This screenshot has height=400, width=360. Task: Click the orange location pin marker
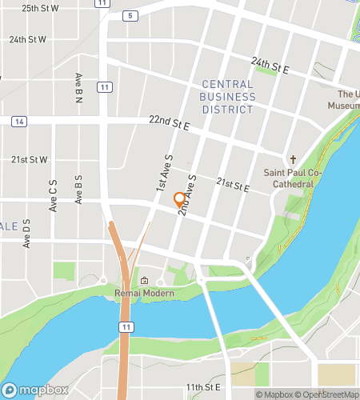click(179, 199)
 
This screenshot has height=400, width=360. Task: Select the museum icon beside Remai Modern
click(144, 281)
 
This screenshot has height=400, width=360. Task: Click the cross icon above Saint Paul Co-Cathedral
click(294, 159)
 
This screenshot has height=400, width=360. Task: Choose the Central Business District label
click(229, 96)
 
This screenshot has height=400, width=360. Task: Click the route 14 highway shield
click(19, 122)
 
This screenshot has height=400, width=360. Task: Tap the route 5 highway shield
click(129, 15)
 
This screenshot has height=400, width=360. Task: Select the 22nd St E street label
click(169, 122)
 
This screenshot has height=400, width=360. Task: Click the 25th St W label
click(40, 8)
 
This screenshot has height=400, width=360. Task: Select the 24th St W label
click(28, 38)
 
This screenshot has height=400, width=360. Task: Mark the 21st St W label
click(30, 159)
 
